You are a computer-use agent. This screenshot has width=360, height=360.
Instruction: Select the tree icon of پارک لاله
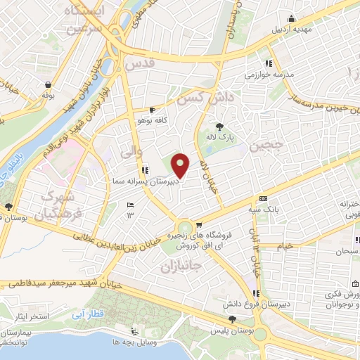point(220,127)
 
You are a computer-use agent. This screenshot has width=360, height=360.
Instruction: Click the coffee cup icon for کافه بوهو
point(153,110)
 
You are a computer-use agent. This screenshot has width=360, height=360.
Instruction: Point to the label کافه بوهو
point(151,120)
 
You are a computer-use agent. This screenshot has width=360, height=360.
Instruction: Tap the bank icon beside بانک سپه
point(263,198)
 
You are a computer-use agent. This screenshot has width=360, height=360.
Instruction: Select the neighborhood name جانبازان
point(182,266)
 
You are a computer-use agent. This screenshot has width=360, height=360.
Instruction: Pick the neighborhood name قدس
point(139,64)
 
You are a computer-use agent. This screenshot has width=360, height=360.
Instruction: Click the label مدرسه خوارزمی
point(264,73)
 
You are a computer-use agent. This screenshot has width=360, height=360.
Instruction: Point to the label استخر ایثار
point(30,317)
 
